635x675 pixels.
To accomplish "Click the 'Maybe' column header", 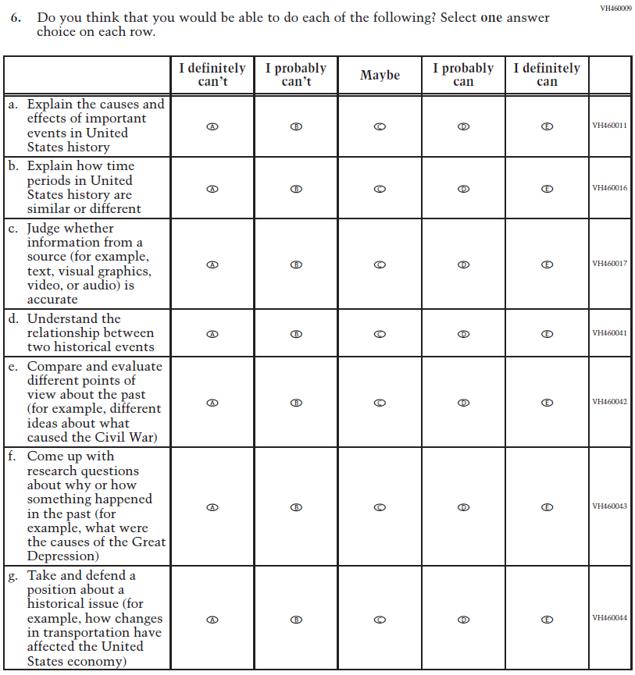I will point(380,75).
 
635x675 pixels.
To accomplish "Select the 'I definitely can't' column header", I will point(212,75).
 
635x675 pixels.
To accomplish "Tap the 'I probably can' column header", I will point(463,75).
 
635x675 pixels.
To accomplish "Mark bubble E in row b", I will point(548,188).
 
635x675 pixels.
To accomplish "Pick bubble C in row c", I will point(380,265).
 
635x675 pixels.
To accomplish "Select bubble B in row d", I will point(296,333).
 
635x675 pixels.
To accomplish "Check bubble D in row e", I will point(463,403).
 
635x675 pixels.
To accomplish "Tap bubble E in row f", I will point(548,506).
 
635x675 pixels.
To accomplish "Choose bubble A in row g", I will point(212,619).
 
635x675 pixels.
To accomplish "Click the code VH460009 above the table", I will point(615,8).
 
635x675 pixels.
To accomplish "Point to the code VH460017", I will point(610,264).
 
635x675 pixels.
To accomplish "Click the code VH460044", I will point(610,618).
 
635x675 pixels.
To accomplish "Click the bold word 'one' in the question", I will point(491,18).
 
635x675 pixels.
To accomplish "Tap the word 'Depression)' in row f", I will point(62,556).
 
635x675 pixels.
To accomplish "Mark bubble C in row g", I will point(380,619).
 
